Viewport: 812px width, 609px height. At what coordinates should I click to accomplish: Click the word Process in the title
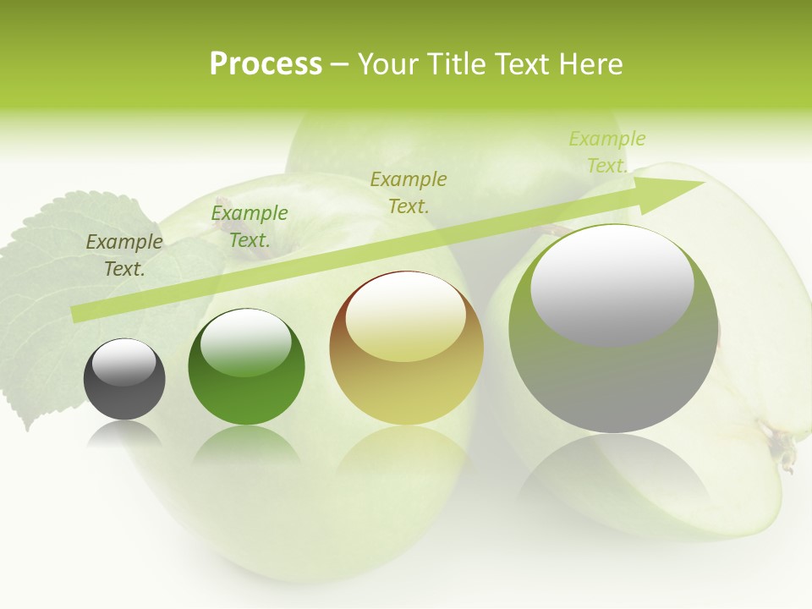click(266, 64)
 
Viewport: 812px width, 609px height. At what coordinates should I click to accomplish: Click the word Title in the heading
click(458, 64)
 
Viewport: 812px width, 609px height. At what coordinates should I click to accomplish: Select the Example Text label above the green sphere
click(250, 227)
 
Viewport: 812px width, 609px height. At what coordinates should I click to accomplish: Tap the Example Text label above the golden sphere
click(409, 192)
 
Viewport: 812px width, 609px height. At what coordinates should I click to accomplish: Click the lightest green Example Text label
click(606, 152)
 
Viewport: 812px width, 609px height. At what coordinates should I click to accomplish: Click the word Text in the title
click(524, 64)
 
